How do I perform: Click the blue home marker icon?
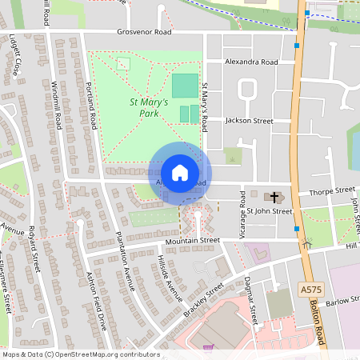point(180,173)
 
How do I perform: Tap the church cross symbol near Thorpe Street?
point(274,196)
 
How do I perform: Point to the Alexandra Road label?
point(251,62)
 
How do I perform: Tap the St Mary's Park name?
point(149,108)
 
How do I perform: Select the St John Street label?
point(270,211)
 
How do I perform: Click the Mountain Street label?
point(192,240)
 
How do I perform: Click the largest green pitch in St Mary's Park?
point(184,86)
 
